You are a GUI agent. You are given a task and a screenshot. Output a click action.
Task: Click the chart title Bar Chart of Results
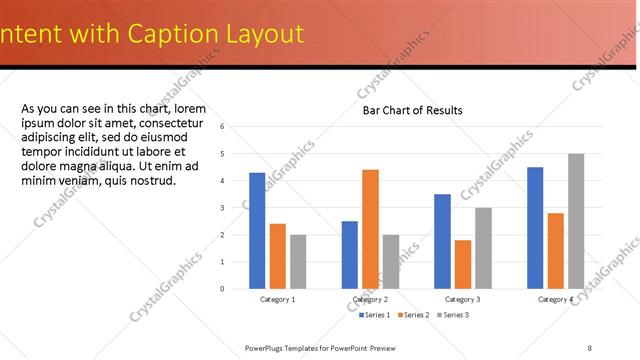pos(412,110)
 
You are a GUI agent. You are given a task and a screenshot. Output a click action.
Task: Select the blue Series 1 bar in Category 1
pos(257,230)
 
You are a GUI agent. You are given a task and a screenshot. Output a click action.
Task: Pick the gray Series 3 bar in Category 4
pos(576,221)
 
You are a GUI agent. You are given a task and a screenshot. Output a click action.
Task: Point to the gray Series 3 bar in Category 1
pos(298,261)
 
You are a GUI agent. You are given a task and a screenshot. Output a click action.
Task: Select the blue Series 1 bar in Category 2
pos(350,254)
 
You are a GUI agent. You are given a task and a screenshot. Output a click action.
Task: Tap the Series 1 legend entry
pos(376,315)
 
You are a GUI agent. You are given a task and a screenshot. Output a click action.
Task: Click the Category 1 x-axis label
pos(277,299)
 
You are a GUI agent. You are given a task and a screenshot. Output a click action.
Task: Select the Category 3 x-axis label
pos(462,299)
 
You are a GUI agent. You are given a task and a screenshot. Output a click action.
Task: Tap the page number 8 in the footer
pos(590,347)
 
